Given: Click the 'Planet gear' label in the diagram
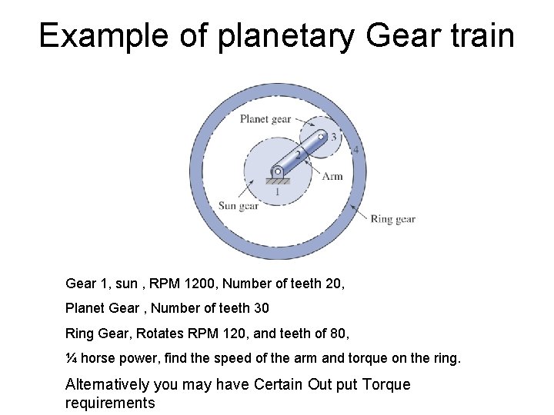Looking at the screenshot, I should pyautogui.click(x=265, y=118).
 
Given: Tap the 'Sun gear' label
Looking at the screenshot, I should pyautogui.click(x=238, y=205).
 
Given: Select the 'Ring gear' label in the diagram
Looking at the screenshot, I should pyautogui.click(x=392, y=219).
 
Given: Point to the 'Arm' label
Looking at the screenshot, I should pyautogui.click(x=332, y=176).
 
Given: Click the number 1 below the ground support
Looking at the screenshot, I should pyautogui.click(x=277, y=192).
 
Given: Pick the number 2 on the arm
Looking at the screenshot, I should pyautogui.click(x=299, y=154).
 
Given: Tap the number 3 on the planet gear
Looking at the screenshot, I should pyautogui.click(x=332, y=137).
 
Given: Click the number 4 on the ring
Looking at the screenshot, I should pyautogui.click(x=355, y=149).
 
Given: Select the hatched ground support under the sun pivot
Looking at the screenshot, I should pyautogui.click(x=277, y=181).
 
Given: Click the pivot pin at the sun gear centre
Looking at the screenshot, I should pyautogui.click(x=277, y=171).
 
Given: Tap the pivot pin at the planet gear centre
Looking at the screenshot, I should pyautogui.click(x=322, y=137).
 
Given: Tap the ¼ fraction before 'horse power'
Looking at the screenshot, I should pyautogui.click(x=71, y=358).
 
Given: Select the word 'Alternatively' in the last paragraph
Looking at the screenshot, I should pyautogui.click(x=109, y=384).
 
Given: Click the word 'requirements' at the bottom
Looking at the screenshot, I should pyautogui.click(x=110, y=403).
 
